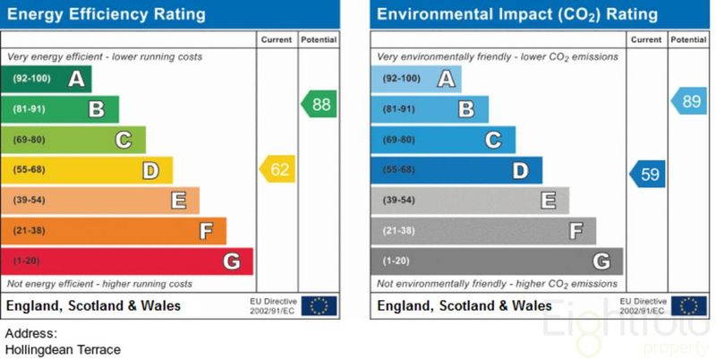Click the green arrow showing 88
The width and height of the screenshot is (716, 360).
pyautogui.click(x=319, y=104)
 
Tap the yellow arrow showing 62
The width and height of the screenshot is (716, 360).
pyautogui.click(x=277, y=169)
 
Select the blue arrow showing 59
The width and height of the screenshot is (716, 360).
pyautogui.click(x=647, y=174)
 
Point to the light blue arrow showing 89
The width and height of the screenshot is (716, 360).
pyautogui.click(x=688, y=101)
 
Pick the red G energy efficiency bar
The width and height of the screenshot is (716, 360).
pyautogui.click(x=128, y=261)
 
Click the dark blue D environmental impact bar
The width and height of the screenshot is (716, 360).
pyautogui.click(x=456, y=170)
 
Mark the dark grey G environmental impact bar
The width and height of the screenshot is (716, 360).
pyautogui.click(x=497, y=261)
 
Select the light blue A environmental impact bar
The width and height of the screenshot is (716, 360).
pyautogui.click(x=417, y=79)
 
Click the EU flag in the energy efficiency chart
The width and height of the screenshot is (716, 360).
pyautogui.click(x=319, y=306)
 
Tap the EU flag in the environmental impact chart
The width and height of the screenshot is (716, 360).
pyautogui.click(x=688, y=306)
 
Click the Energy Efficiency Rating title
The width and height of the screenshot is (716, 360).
pyautogui.click(x=107, y=14)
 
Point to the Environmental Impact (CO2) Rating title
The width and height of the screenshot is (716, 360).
pyautogui.click(x=517, y=14)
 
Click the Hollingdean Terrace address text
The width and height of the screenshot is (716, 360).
pyautogui.click(x=63, y=350)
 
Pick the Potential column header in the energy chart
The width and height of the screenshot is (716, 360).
pyautogui.click(x=319, y=40)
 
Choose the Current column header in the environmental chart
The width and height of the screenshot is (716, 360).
pyautogui.click(x=646, y=40)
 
